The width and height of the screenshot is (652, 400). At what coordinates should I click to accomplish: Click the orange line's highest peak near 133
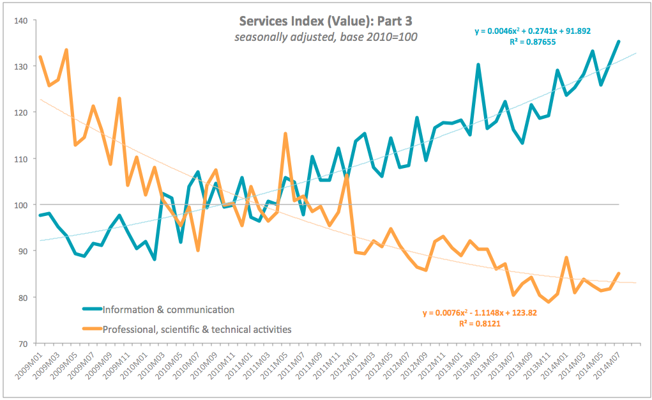click(66, 50)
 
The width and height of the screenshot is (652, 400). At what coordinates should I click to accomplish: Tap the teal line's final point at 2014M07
click(618, 42)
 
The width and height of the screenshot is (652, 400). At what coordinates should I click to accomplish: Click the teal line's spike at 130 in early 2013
click(478, 65)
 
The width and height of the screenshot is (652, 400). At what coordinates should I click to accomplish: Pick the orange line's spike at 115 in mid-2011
click(285, 134)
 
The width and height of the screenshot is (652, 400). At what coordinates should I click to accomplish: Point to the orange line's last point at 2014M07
click(618, 273)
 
